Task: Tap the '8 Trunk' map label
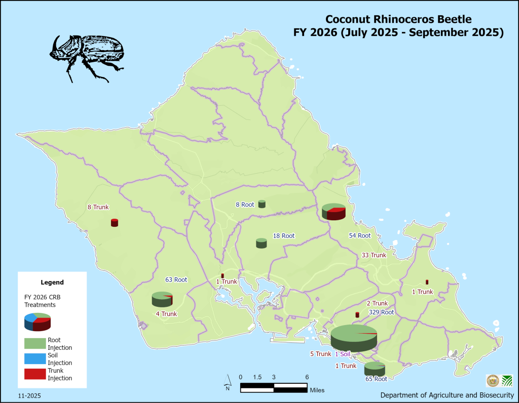click(98, 207)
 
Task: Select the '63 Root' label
click(176, 279)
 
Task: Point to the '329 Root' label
click(381, 312)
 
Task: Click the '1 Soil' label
click(343, 354)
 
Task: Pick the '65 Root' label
click(376, 379)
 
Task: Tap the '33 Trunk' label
click(374, 255)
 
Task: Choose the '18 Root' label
click(284, 236)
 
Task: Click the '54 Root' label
click(360, 236)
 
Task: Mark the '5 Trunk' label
click(320, 354)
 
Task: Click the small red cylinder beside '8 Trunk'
click(115, 223)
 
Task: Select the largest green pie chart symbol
click(354, 338)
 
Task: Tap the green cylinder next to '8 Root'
click(262, 204)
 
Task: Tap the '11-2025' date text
click(29, 395)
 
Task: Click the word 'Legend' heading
click(52, 282)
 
